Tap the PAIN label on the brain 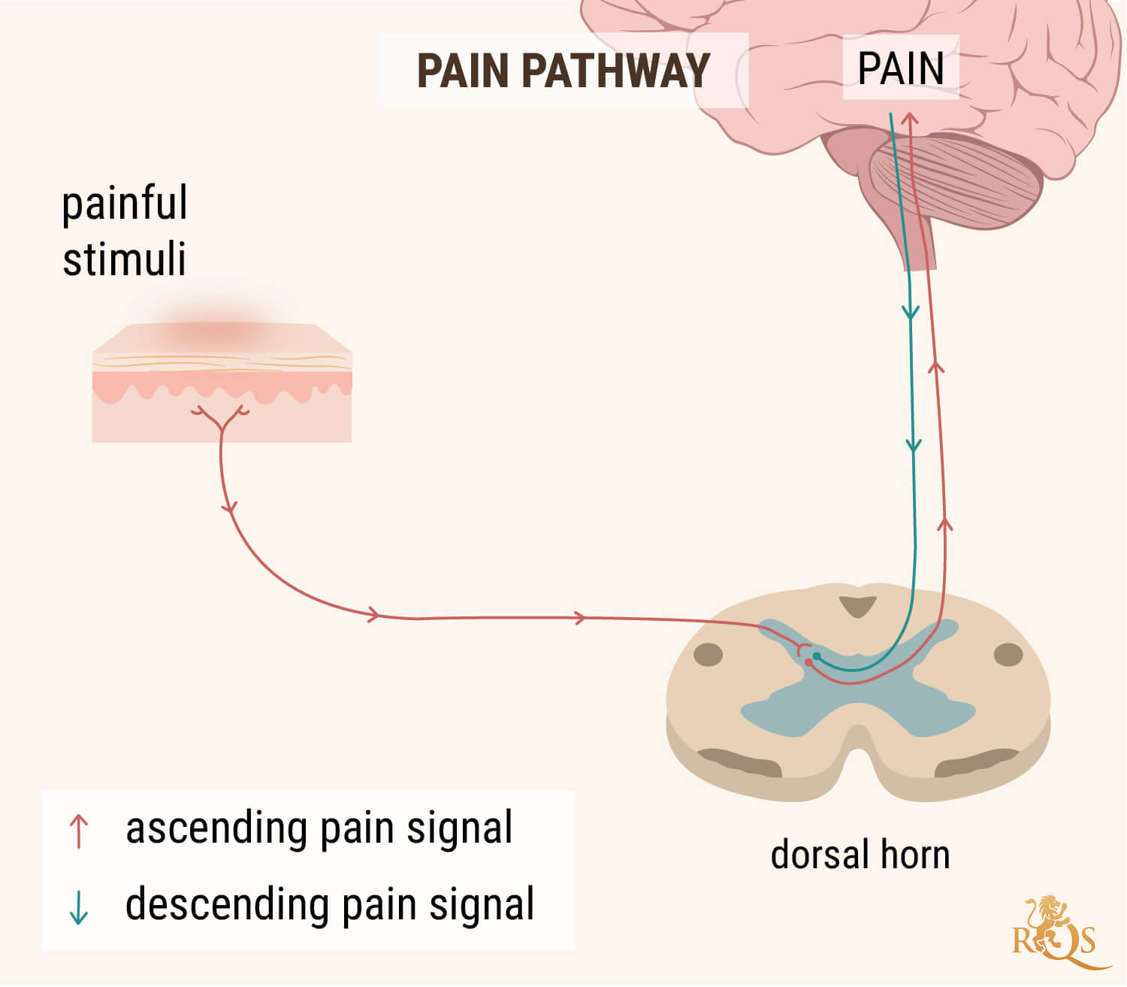tap(900, 68)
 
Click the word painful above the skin tap(125, 204)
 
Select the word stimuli tap(124, 260)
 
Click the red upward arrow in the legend tap(79, 831)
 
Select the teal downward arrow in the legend tap(79, 907)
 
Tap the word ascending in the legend tap(216, 828)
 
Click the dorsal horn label tap(860, 855)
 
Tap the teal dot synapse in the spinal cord tap(817, 656)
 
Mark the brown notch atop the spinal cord tap(858, 606)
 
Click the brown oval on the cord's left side tap(708, 655)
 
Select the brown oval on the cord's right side tap(1008, 655)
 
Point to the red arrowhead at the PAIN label tap(910, 119)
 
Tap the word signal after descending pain tap(482, 904)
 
